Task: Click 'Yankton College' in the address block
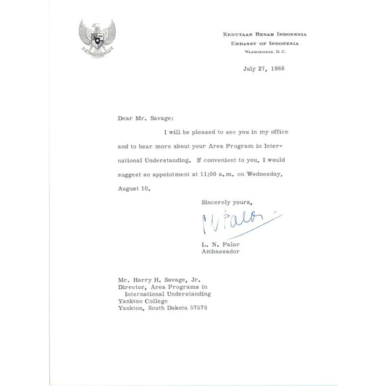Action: click(x=144, y=303)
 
